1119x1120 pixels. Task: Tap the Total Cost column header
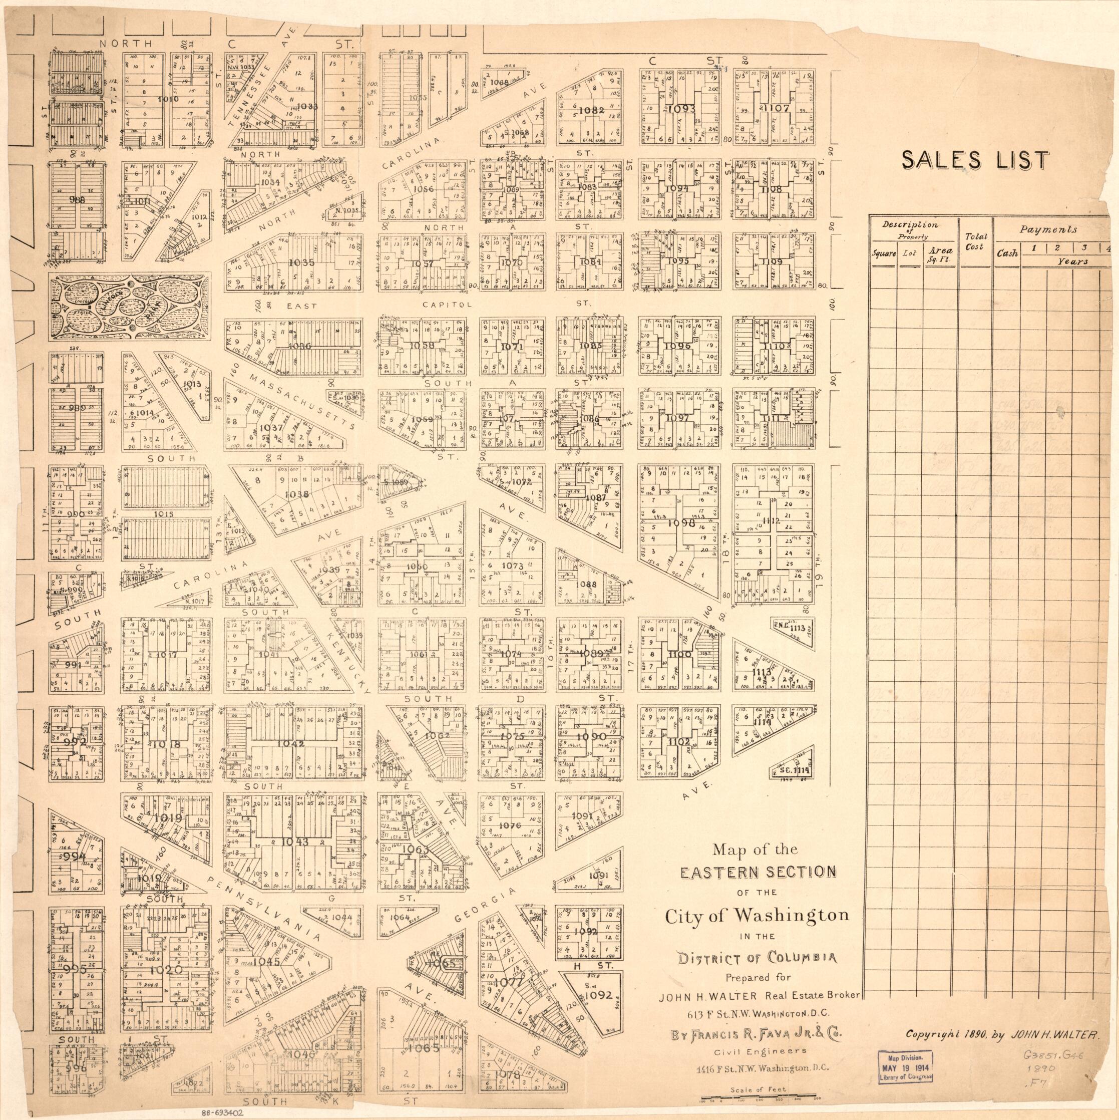pyautogui.click(x=975, y=242)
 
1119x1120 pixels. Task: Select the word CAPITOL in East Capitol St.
pyautogui.click(x=448, y=304)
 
